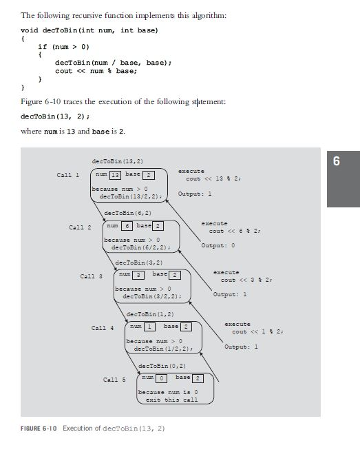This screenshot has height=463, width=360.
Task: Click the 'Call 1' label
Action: click(x=68, y=175)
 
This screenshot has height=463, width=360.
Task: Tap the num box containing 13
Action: click(x=115, y=176)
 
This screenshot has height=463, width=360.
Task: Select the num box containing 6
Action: click(x=127, y=226)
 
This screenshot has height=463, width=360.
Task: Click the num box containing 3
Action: click(x=138, y=275)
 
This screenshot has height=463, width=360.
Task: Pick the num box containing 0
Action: click(x=161, y=378)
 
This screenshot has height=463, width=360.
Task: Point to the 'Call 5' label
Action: click(x=114, y=380)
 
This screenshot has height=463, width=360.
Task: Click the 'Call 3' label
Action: click(x=91, y=276)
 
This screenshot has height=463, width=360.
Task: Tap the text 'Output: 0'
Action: click(x=218, y=245)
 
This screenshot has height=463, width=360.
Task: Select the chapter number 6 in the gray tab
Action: click(x=337, y=161)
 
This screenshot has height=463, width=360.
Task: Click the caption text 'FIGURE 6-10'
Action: click(x=39, y=428)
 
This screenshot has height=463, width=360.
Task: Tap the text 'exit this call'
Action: click(x=171, y=400)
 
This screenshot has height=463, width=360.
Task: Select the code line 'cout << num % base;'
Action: click(x=96, y=71)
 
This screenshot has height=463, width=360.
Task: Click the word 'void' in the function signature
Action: click(x=29, y=30)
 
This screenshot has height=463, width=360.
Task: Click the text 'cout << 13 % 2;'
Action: click(x=213, y=178)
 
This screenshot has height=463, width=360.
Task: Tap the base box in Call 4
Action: click(x=186, y=327)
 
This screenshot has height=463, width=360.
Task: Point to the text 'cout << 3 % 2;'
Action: click(x=246, y=280)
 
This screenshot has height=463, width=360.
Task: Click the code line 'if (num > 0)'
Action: click(x=63, y=47)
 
